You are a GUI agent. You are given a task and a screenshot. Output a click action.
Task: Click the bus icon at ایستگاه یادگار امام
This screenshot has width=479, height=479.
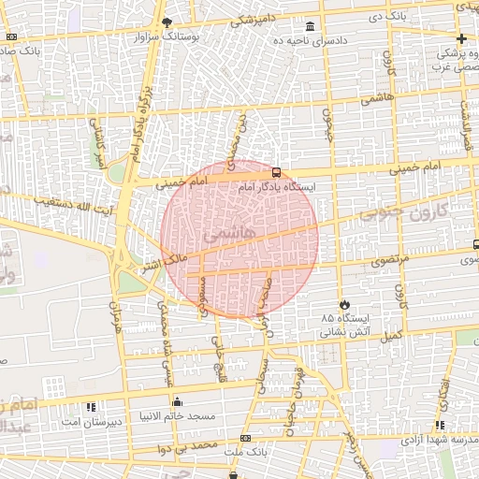tap(276, 172)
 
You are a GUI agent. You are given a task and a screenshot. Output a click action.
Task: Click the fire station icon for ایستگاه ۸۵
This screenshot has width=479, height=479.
tap(344, 305)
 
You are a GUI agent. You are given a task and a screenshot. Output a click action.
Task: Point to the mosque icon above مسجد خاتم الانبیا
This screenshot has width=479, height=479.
tap(178, 402)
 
